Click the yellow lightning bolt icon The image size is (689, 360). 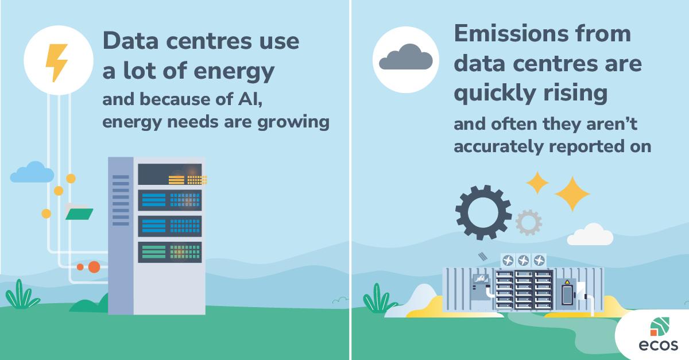pyautogui.click(x=57, y=63)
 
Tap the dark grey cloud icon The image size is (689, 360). pyautogui.click(x=406, y=57)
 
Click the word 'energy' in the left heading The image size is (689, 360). pyautogui.click(x=234, y=71)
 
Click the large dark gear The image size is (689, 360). pyautogui.click(x=483, y=212)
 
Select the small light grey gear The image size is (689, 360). pyautogui.click(x=528, y=223)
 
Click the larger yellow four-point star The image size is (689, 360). pyautogui.click(x=572, y=194)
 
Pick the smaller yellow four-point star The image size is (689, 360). pyautogui.click(x=537, y=183)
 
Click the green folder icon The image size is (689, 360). pyautogui.click(x=79, y=212)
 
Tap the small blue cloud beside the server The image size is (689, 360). pyautogui.click(x=32, y=172)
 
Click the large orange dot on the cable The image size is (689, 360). pyautogui.click(x=94, y=267)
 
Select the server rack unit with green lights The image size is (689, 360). pyautogui.click(x=170, y=252)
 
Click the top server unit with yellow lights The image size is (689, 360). pyautogui.click(x=170, y=175)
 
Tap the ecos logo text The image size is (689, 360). pyautogui.click(x=658, y=345)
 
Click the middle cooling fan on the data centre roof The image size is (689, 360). pyautogui.click(x=523, y=261)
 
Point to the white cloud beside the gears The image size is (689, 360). pyautogui.click(x=590, y=234)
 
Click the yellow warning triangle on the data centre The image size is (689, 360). pyautogui.click(x=567, y=282)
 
